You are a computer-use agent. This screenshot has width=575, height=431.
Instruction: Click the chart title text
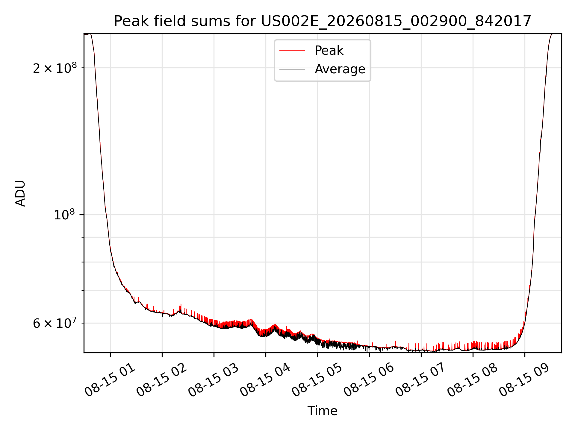pyautogui.click(x=323, y=21)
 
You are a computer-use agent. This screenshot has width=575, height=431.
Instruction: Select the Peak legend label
pyautogui.click(x=329, y=51)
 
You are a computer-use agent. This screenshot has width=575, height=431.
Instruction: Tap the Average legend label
pyautogui.click(x=340, y=69)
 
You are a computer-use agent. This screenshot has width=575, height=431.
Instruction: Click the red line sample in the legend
pyautogui.click(x=292, y=51)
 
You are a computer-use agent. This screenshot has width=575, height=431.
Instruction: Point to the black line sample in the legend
pyautogui.click(x=292, y=69)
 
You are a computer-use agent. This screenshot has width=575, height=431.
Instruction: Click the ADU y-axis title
pyautogui.click(x=21, y=193)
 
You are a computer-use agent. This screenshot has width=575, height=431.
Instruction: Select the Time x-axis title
pyautogui.click(x=322, y=411)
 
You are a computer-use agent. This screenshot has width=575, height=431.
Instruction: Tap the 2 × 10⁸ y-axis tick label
pyautogui.click(x=55, y=68)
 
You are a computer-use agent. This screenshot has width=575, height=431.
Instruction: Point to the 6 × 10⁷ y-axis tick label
pyautogui.click(x=55, y=323)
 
